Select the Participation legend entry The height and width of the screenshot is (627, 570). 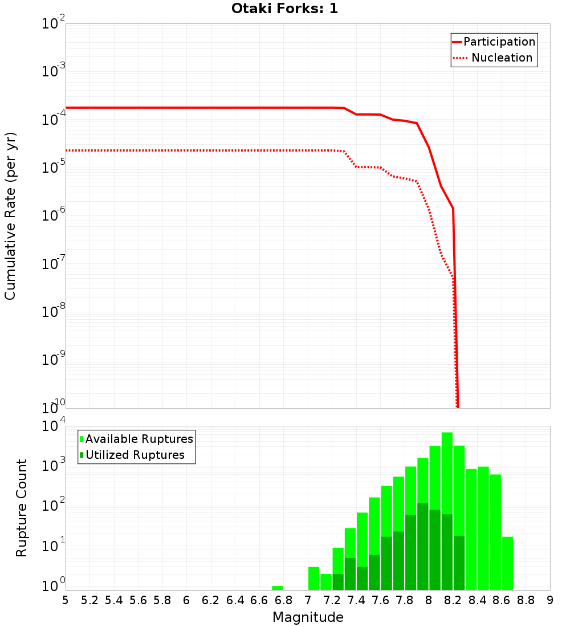[x=494, y=42]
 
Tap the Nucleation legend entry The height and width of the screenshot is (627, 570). [x=494, y=58]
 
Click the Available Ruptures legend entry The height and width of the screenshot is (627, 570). [x=136, y=439]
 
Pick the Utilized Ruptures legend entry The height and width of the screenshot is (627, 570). [x=132, y=455]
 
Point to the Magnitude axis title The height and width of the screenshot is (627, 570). [x=308, y=617]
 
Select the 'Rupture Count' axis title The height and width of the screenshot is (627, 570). [x=22, y=507]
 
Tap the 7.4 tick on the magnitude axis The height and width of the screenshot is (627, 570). [x=356, y=600]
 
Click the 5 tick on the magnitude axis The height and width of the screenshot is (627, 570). [x=66, y=600]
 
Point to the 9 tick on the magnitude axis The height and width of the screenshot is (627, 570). [x=550, y=600]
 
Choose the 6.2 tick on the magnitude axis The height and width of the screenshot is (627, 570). [x=211, y=600]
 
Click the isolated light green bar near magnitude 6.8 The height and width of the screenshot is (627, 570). [x=278, y=588]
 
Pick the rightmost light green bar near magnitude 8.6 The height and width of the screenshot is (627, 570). [x=507, y=563]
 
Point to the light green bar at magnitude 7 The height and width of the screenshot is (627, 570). [x=313, y=578]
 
